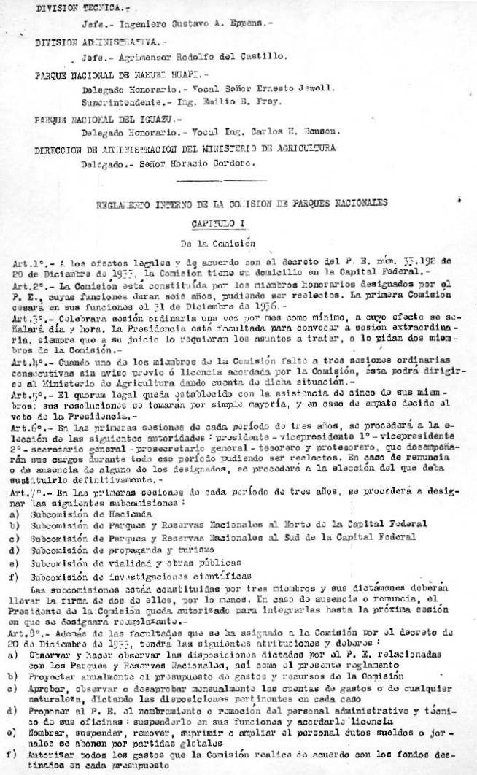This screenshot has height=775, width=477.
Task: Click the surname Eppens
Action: tap(247, 23)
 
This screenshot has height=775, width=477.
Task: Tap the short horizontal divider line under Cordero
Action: tap(203, 180)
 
